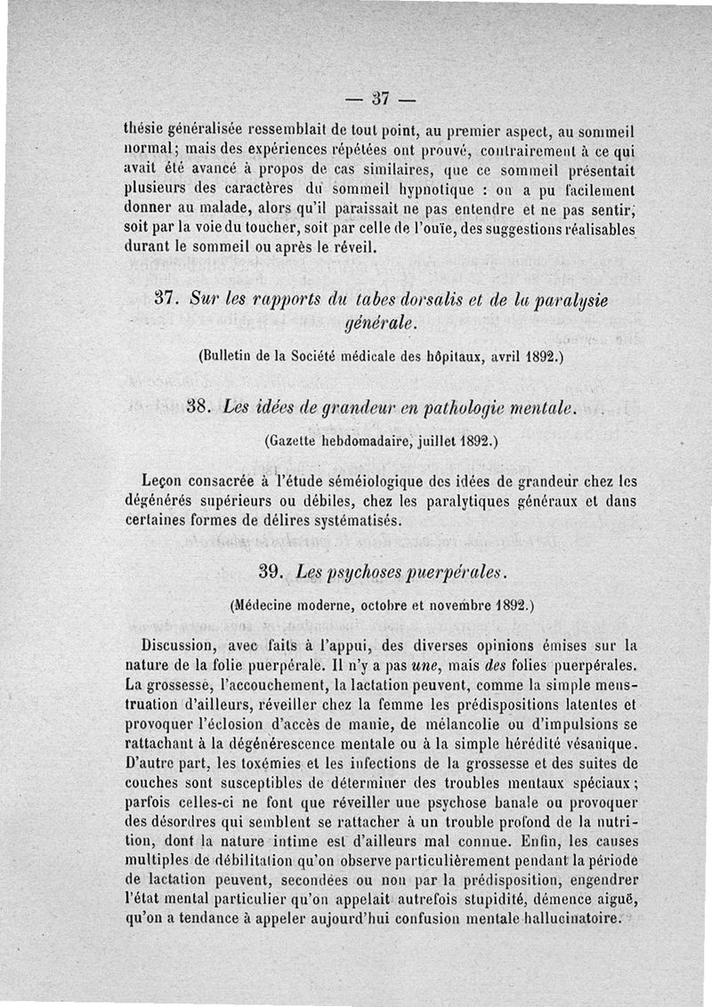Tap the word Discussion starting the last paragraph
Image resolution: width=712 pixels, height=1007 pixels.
coord(185,645)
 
